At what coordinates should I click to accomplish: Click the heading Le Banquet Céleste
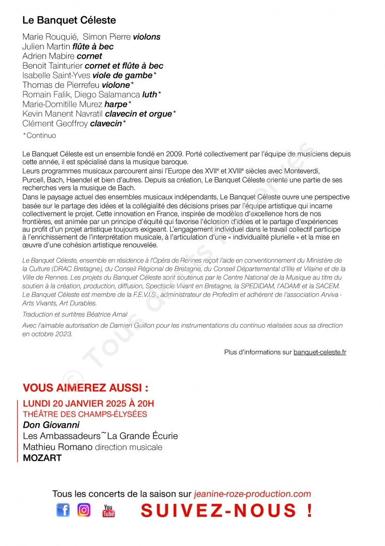click(x=69, y=21)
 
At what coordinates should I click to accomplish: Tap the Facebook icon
click(x=63, y=511)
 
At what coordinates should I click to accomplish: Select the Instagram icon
click(x=84, y=511)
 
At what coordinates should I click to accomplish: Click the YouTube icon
click(x=108, y=511)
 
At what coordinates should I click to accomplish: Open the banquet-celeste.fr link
click(x=320, y=352)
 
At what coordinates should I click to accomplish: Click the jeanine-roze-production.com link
click(x=252, y=494)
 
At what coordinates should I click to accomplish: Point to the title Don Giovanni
click(x=51, y=425)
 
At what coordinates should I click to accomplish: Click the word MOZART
click(x=42, y=458)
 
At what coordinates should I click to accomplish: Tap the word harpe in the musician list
click(x=116, y=104)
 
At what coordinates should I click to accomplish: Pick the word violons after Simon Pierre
click(x=146, y=37)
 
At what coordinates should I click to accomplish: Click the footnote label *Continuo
click(x=40, y=135)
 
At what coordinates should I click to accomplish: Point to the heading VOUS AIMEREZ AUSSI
click(x=86, y=388)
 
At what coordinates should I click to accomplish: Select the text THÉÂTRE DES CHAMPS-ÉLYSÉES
click(x=85, y=414)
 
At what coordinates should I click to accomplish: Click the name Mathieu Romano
click(x=58, y=447)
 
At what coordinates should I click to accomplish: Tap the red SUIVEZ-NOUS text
click(x=226, y=511)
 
